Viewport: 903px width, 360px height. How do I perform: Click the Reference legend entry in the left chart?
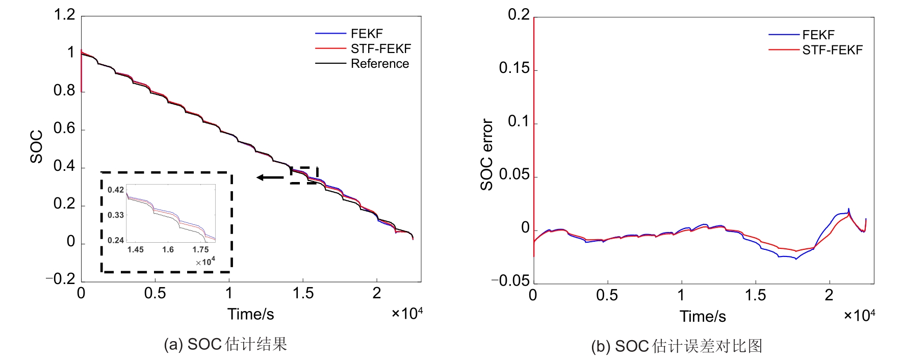coord(379,64)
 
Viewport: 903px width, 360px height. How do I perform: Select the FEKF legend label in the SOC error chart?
coord(818,35)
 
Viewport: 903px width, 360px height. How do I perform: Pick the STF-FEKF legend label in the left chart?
coord(380,48)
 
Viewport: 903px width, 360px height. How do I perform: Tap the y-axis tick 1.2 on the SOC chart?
coord(65,15)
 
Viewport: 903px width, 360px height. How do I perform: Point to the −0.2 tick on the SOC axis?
coord(61,279)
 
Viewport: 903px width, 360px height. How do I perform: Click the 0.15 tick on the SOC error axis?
coord(515,68)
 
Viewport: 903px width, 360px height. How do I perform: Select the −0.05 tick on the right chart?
coord(510,280)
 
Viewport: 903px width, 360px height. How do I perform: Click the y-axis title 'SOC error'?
coord(487,155)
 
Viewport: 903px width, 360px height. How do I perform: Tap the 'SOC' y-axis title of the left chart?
coord(36,147)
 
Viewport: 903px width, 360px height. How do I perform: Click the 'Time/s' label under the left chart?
coord(250,314)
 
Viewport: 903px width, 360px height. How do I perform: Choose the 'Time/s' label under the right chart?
coord(702,317)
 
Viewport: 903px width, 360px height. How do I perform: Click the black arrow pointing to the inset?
coord(270,177)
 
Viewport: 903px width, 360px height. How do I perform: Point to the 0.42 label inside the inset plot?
coord(116,190)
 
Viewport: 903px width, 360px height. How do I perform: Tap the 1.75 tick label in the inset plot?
coord(200,249)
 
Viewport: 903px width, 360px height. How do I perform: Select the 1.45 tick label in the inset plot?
coord(135,249)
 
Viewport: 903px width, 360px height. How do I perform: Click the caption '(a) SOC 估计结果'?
coord(225,344)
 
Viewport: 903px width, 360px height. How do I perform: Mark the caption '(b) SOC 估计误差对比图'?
coord(677,346)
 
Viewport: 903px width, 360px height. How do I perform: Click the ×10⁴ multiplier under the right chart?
coord(859,315)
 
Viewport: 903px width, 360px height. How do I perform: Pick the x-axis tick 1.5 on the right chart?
coord(755,295)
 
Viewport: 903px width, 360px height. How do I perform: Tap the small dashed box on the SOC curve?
coord(304,175)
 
